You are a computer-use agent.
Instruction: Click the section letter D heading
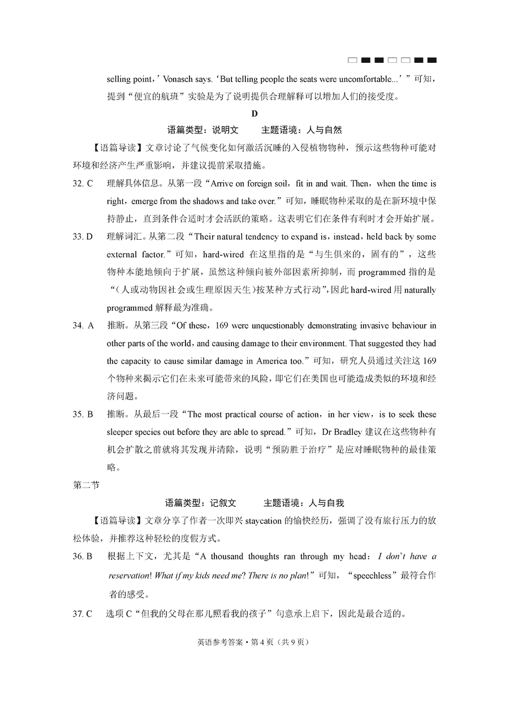[255, 113]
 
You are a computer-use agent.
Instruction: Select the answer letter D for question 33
[89, 236]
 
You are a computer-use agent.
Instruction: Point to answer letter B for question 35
[90, 414]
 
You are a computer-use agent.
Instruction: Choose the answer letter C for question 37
[89, 614]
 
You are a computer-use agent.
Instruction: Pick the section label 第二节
[86, 485]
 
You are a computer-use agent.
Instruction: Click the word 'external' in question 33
[120, 255]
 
